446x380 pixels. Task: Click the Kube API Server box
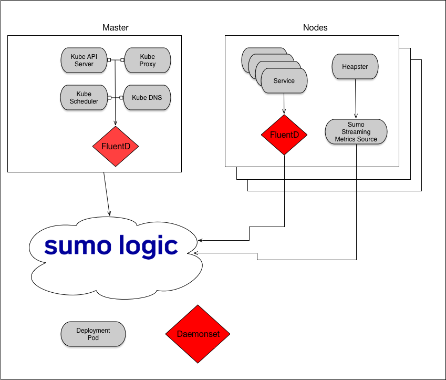[84, 60]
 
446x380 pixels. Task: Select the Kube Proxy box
[147, 60]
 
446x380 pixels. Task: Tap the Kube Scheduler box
[84, 97]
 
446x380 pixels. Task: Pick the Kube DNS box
[147, 97]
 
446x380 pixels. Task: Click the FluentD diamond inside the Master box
[116, 146]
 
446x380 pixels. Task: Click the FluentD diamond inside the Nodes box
[284, 135]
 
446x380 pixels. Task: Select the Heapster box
[355, 67]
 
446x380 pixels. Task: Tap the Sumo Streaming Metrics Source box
[356, 132]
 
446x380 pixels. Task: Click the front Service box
[284, 81]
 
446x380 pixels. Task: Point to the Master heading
[116, 27]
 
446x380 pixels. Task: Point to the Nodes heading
[315, 27]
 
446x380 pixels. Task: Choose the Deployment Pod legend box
[93, 334]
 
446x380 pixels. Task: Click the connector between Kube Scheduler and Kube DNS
[115, 97]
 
